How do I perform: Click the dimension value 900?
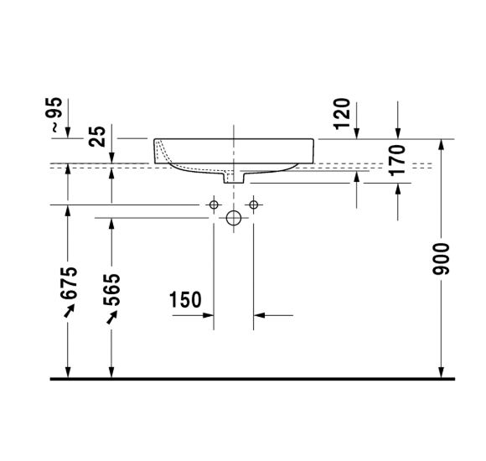[x=442, y=259]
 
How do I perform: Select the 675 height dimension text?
[x=69, y=283]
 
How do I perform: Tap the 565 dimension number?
[x=112, y=289]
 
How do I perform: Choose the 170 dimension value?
[x=397, y=160]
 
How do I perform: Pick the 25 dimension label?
[x=97, y=137]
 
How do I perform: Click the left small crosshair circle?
[x=215, y=205]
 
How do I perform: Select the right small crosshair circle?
[x=252, y=205]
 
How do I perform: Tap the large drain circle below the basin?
[x=234, y=219]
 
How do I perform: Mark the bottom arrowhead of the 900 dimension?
[x=442, y=371]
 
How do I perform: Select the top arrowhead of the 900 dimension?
[x=442, y=146]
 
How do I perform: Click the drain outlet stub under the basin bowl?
[x=234, y=178]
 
